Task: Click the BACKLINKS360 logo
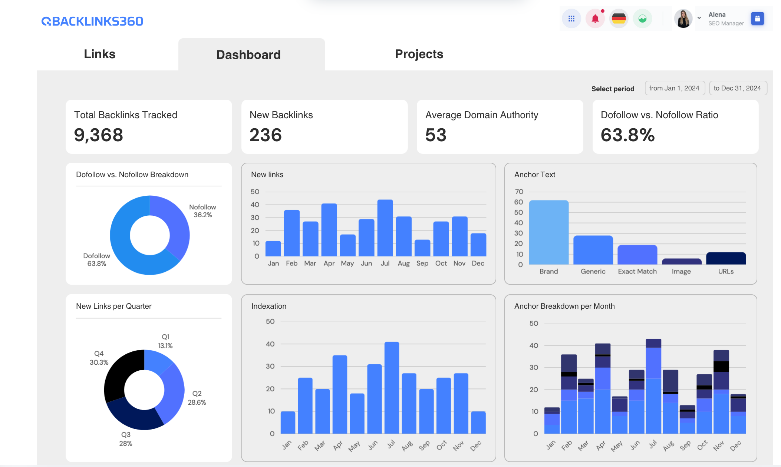click(92, 21)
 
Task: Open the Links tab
click(99, 54)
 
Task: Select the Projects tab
click(419, 54)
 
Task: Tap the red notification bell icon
click(595, 19)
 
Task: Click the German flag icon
click(619, 19)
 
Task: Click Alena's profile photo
click(683, 19)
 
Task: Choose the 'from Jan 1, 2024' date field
click(674, 88)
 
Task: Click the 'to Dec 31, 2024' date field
click(737, 88)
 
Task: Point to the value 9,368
click(98, 135)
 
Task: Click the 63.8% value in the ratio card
click(627, 135)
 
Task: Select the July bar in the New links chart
click(385, 228)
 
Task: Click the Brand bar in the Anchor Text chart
click(548, 232)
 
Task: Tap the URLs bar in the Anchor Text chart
click(726, 258)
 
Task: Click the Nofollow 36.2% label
click(202, 211)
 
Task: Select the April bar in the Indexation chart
click(340, 394)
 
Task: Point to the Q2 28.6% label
click(197, 398)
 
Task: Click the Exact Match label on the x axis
click(637, 271)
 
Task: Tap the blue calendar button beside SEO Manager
click(757, 19)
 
